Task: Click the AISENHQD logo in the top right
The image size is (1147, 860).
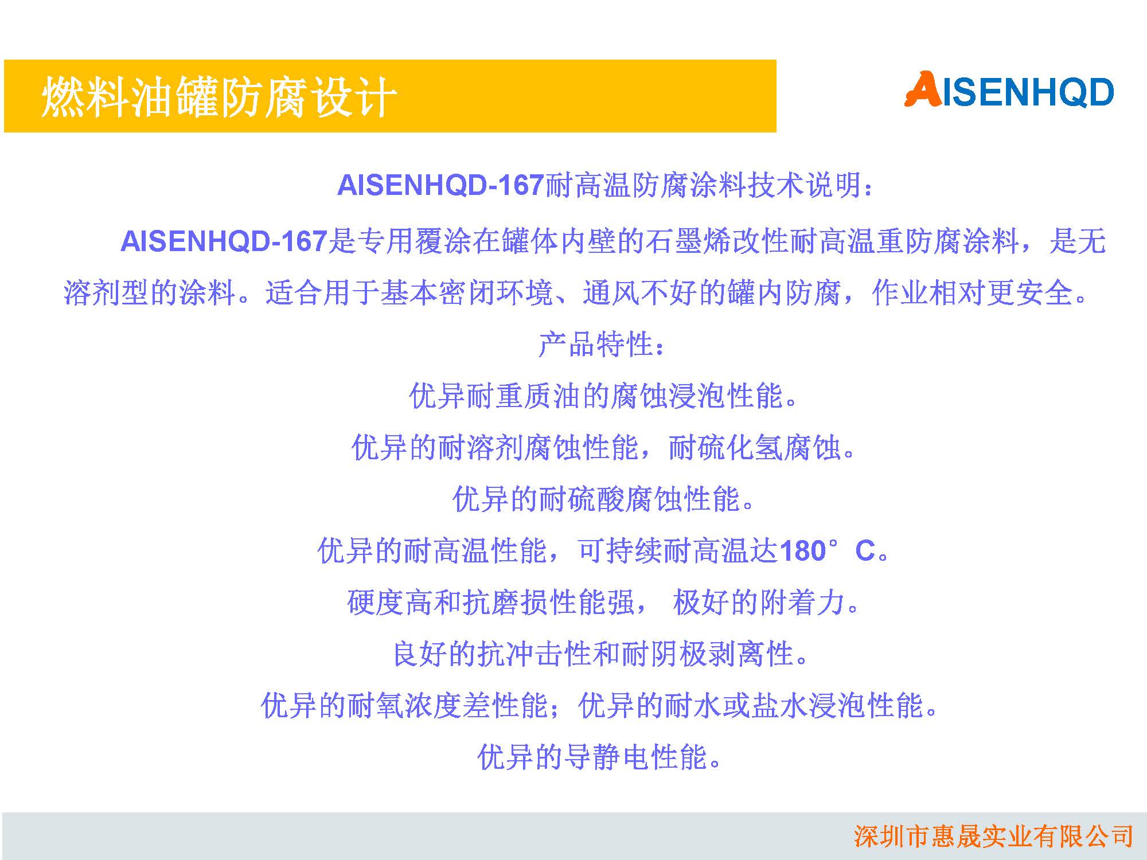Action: coord(1009,89)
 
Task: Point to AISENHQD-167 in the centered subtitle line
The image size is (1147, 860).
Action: coord(440,185)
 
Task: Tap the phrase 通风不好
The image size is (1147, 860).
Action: coord(640,293)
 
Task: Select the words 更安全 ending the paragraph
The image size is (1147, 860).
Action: coord(1030,293)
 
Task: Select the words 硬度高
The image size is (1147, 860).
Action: coord(390,602)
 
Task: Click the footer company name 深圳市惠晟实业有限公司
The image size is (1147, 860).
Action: coord(993,836)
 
